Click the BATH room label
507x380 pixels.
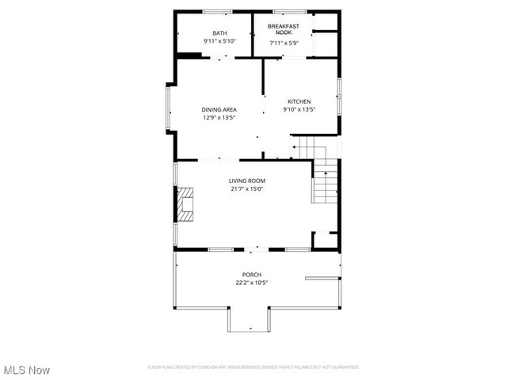click(219, 32)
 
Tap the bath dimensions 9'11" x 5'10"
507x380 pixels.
click(219, 40)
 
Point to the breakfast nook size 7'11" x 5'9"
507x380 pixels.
click(283, 43)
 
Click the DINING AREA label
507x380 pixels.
click(219, 109)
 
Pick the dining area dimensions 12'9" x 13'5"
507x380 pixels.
click(219, 117)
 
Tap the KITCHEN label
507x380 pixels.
click(299, 101)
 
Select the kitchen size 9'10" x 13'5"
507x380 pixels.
click(299, 110)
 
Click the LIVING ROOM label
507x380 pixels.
click(246, 180)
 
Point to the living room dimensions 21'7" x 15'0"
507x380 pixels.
click(246, 188)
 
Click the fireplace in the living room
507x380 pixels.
click(184, 203)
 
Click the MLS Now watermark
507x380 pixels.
click(26, 370)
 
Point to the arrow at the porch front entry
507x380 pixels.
click(250, 328)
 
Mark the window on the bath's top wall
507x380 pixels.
click(217, 11)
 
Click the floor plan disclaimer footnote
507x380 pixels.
click(253, 367)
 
